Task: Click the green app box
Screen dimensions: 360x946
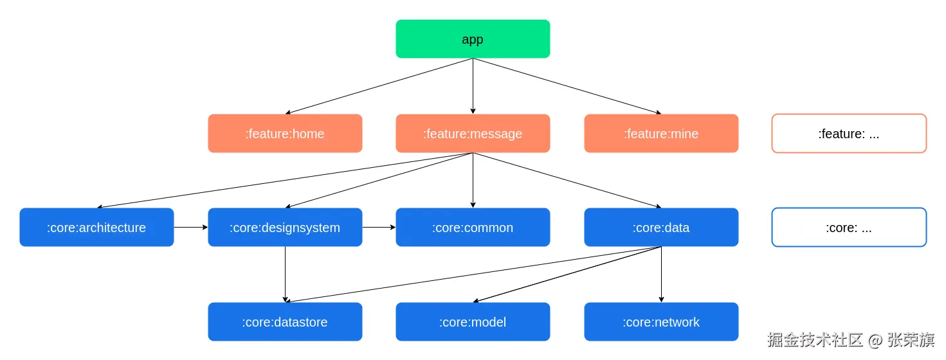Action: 473,39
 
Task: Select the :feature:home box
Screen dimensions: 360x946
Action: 285,134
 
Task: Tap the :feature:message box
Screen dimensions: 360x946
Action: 473,134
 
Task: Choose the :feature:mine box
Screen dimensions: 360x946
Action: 661,134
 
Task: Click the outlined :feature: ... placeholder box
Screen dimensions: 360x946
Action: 849,134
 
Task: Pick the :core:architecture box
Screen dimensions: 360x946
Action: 96,228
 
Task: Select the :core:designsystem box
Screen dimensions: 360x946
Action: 285,228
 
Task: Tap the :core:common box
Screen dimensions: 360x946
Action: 473,228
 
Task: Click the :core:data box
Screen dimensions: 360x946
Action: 661,228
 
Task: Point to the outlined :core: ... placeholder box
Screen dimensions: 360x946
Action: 849,228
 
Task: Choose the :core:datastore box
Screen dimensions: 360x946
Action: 285,322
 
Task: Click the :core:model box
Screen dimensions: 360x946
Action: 473,322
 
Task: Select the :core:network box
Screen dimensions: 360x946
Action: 661,322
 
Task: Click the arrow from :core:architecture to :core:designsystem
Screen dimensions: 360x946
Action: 191,228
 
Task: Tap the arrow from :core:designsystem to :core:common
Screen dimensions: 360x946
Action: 379,228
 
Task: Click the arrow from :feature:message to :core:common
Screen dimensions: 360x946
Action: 473,181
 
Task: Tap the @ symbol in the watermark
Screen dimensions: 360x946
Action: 875,340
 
